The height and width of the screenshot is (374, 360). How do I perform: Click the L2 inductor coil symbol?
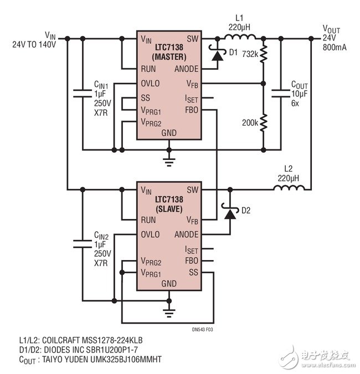click(288, 189)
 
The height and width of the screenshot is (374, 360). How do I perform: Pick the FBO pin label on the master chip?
click(192, 110)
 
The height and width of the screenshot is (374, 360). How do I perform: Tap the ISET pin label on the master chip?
click(192, 98)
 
